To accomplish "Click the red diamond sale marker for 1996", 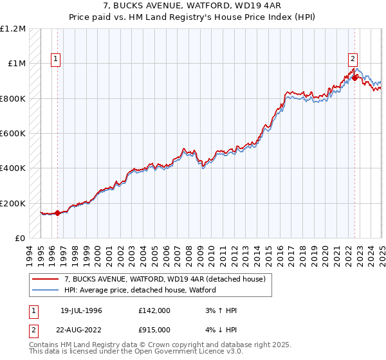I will pyautogui.click(x=58, y=213).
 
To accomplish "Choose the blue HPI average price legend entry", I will pyautogui.click(x=140, y=290).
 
